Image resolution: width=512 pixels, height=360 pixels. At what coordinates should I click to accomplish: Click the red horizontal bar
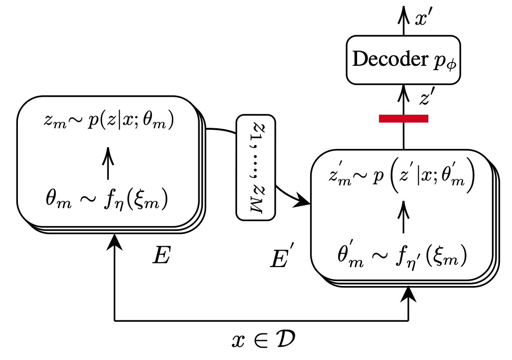[x=403, y=119]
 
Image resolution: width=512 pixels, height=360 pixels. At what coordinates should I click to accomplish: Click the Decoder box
[x=403, y=59]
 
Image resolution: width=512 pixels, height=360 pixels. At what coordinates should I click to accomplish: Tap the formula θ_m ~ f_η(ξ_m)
[x=108, y=199]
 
